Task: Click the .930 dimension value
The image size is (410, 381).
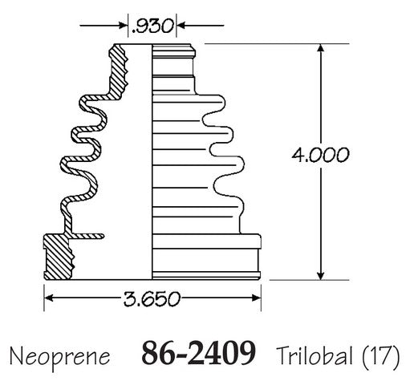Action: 152,26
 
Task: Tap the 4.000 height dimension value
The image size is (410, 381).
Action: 320,155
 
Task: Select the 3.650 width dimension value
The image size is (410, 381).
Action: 152,298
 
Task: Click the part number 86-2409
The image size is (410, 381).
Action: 198,353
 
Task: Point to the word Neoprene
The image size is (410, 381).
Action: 59,356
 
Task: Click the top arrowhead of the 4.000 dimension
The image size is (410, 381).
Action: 320,48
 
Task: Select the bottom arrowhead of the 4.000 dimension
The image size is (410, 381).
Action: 320,276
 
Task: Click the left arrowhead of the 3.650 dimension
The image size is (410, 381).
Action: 48,298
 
